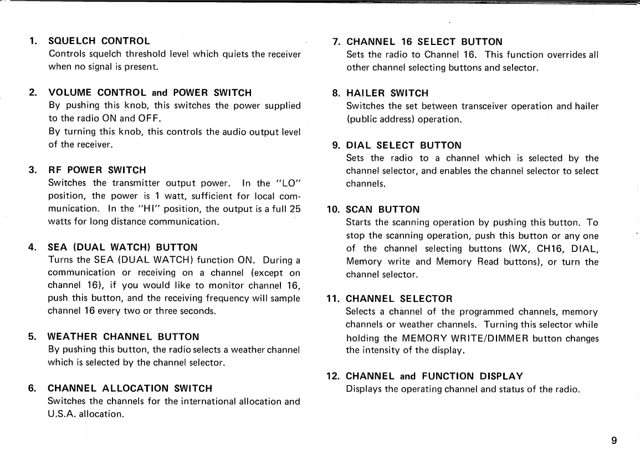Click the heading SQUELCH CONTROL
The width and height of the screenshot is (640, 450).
pyautogui.click(x=99, y=41)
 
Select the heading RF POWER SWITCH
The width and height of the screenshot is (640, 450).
pyautogui.click(x=98, y=170)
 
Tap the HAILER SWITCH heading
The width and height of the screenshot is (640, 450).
pyautogui.click(x=387, y=93)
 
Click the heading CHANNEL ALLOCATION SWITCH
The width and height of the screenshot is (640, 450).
pyautogui.click(x=130, y=388)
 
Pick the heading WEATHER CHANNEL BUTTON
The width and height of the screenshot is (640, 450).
pyautogui.click(x=123, y=337)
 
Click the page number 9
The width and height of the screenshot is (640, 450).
pyautogui.click(x=614, y=441)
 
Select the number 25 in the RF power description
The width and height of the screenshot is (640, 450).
pyautogui.click(x=295, y=209)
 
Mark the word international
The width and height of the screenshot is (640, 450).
pyautogui.click(x=216, y=401)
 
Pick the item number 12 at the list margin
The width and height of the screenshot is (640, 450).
pyautogui.click(x=333, y=376)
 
